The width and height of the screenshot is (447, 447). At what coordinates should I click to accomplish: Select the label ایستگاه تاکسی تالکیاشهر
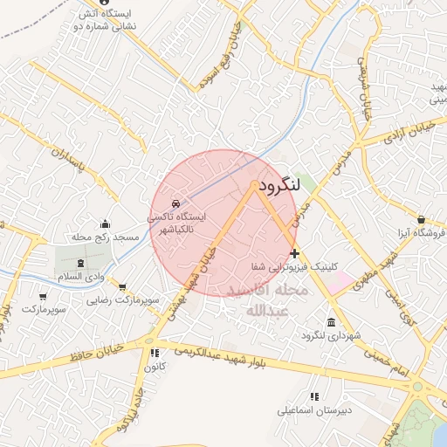178,223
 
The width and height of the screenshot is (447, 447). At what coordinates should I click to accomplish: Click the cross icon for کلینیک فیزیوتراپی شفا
294,253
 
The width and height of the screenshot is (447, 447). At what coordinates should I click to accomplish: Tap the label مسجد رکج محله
107,237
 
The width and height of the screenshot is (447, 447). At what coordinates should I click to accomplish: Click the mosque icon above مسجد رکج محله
107,223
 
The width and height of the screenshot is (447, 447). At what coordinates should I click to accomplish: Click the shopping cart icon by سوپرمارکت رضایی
122,286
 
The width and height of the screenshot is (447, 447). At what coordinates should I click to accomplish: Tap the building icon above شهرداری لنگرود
330,321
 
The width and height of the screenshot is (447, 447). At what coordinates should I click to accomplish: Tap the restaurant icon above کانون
155,354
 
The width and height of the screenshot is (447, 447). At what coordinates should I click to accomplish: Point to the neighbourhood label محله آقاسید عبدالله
261,299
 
